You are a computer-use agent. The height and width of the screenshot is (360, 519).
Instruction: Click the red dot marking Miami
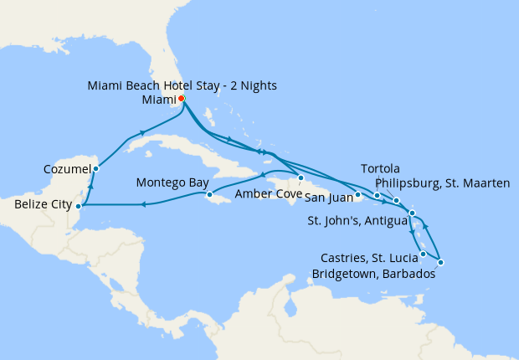point(182,99)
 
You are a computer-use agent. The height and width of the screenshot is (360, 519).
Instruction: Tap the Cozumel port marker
point(96,168)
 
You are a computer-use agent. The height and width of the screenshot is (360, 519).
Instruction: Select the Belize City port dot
point(78,205)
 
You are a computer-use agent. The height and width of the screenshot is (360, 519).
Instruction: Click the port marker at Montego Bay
point(210,196)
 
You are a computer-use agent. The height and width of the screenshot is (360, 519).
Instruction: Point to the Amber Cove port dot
point(301,177)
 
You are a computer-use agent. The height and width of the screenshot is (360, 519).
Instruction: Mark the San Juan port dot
point(357,196)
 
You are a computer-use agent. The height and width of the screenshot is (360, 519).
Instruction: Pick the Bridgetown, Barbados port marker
point(440,263)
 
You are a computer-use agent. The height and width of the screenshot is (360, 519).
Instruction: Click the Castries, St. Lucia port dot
point(424,254)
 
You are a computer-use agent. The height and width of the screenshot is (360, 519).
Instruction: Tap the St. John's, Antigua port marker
point(413,213)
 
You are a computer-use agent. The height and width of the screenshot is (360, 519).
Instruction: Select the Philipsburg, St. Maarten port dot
point(396,201)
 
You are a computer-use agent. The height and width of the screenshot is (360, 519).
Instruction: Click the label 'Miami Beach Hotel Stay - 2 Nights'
point(182,85)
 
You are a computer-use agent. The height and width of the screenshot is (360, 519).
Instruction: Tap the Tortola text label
point(381,168)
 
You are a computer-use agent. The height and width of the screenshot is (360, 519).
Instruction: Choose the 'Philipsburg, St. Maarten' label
point(442,183)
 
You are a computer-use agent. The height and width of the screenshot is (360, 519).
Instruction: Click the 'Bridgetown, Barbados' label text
point(373,274)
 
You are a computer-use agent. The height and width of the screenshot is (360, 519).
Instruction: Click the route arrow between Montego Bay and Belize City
point(144,204)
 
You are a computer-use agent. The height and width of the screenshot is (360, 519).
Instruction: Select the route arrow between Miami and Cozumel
point(143,133)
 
